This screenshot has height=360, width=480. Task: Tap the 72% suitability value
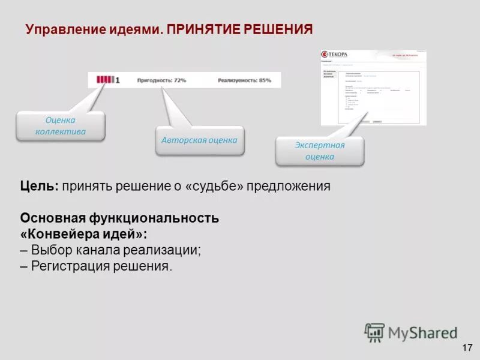tap(179, 80)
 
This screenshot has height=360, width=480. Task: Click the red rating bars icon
tap(104, 79)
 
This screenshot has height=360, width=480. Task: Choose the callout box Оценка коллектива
tap(61, 126)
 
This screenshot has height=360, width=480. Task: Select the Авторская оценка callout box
tap(199, 140)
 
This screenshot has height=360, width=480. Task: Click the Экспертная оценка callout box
tap(319, 151)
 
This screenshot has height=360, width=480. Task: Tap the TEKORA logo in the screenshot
tap(335, 53)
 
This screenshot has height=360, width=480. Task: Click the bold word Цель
tap(39, 186)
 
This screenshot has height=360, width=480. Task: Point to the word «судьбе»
tap(215, 186)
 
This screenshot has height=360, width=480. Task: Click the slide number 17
tap(467, 347)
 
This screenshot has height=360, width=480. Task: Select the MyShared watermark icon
tap(374, 332)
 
